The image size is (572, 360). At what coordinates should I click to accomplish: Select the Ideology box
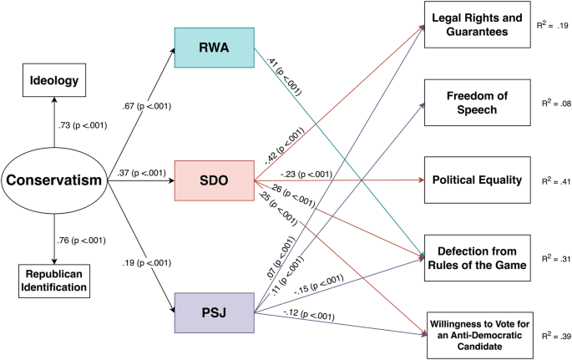tap(54, 81)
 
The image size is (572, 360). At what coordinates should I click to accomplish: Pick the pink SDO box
tap(214, 179)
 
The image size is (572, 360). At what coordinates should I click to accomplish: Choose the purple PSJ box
tap(214, 312)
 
